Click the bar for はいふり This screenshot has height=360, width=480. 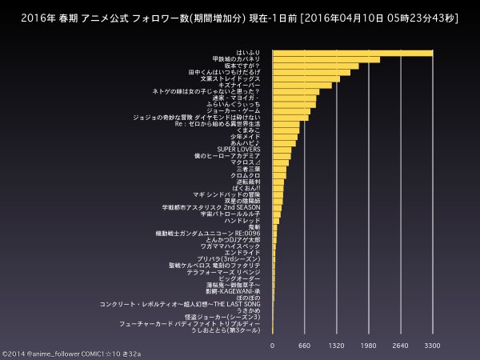[352, 53]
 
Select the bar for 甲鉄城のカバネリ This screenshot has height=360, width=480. [326, 59]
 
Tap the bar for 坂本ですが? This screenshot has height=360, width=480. [315, 66]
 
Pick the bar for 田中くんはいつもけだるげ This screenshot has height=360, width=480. [311, 72]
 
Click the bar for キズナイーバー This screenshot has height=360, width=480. [302, 85]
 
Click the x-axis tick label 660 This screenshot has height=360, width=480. [304, 346]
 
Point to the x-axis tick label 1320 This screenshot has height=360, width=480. [336, 346]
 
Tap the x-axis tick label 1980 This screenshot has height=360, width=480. [368, 346]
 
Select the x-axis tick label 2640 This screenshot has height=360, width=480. [400, 346]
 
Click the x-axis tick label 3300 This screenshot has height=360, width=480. [432, 346]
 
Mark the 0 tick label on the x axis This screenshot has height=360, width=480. [273, 346]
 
